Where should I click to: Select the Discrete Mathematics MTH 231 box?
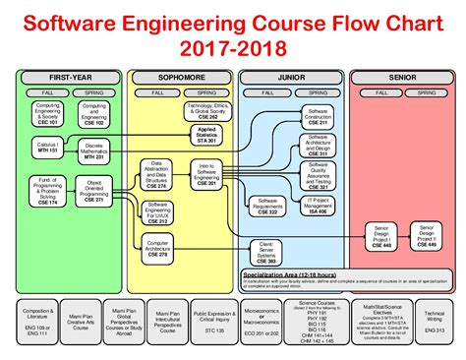(95, 149)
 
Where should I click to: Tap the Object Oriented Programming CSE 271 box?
(95, 191)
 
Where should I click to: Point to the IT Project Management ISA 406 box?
(317, 204)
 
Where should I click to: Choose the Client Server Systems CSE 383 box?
(265, 250)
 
